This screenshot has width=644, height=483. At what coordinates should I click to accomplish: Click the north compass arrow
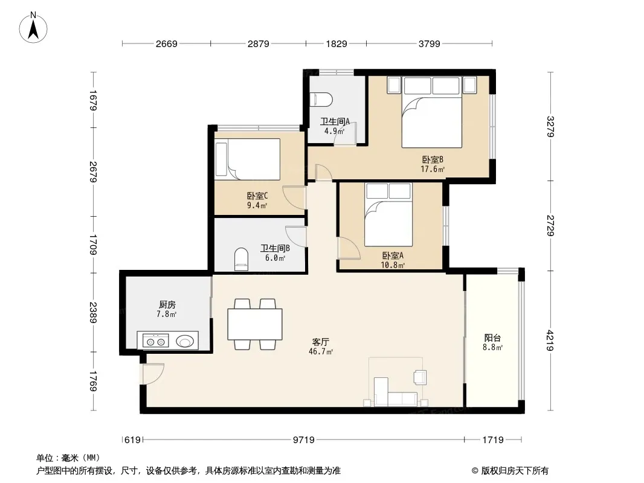click(33, 30)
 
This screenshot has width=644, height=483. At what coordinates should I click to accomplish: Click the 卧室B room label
click(433, 159)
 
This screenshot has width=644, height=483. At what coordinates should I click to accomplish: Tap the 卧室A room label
click(393, 255)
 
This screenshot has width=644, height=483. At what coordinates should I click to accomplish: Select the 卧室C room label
click(257, 196)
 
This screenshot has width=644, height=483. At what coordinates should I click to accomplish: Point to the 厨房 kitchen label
click(167, 304)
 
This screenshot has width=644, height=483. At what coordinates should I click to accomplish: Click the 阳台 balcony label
click(492, 337)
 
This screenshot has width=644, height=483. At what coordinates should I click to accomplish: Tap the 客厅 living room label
click(320, 342)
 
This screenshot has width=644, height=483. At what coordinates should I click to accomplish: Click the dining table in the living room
click(255, 324)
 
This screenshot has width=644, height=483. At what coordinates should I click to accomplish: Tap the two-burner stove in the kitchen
click(156, 341)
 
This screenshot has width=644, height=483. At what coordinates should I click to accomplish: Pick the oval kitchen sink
click(185, 341)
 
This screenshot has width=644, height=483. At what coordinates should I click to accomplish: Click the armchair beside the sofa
click(420, 377)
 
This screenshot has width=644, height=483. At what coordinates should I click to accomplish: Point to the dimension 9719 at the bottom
click(303, 440)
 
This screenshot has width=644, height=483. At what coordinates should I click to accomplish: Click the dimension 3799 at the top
click(429, 43)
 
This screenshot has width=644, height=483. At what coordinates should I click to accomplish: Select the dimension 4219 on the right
click(550, 341)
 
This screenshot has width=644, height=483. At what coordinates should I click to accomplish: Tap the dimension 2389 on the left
click(93, 312)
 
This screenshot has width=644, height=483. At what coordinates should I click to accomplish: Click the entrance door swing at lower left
click(152, 374)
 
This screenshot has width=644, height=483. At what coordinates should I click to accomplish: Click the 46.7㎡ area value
click(320, 351)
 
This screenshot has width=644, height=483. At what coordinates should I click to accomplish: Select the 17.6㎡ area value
click(433, 168)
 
